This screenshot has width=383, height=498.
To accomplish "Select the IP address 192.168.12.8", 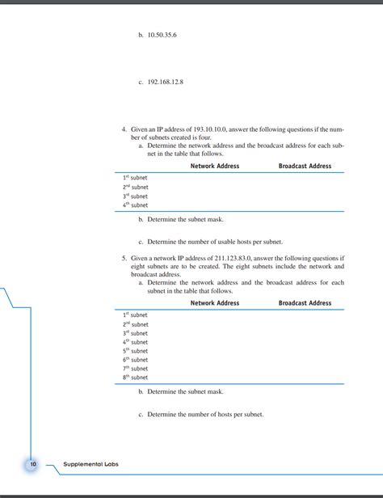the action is point(166,81).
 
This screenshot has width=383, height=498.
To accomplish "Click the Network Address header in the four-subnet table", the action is point(214,166).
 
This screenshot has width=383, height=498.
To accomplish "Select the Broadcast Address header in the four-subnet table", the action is point(305,166).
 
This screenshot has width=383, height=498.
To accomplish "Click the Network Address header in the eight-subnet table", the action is point(214,303).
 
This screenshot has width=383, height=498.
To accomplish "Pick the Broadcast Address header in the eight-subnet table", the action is point(305,303).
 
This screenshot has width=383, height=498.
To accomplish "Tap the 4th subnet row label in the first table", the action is point(135,205).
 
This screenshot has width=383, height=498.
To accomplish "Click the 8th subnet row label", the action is point(135,378).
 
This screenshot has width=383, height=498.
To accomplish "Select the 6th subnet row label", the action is point(135,360).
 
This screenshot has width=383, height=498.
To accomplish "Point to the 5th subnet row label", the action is point(135,351).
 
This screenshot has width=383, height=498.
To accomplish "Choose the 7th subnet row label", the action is point(135,369).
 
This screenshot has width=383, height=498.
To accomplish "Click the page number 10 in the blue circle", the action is point(33,465).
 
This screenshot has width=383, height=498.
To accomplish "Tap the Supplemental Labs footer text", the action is point(91,465).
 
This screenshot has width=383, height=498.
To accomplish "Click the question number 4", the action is point(124,129).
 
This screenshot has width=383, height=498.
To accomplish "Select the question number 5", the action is point(124,258).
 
